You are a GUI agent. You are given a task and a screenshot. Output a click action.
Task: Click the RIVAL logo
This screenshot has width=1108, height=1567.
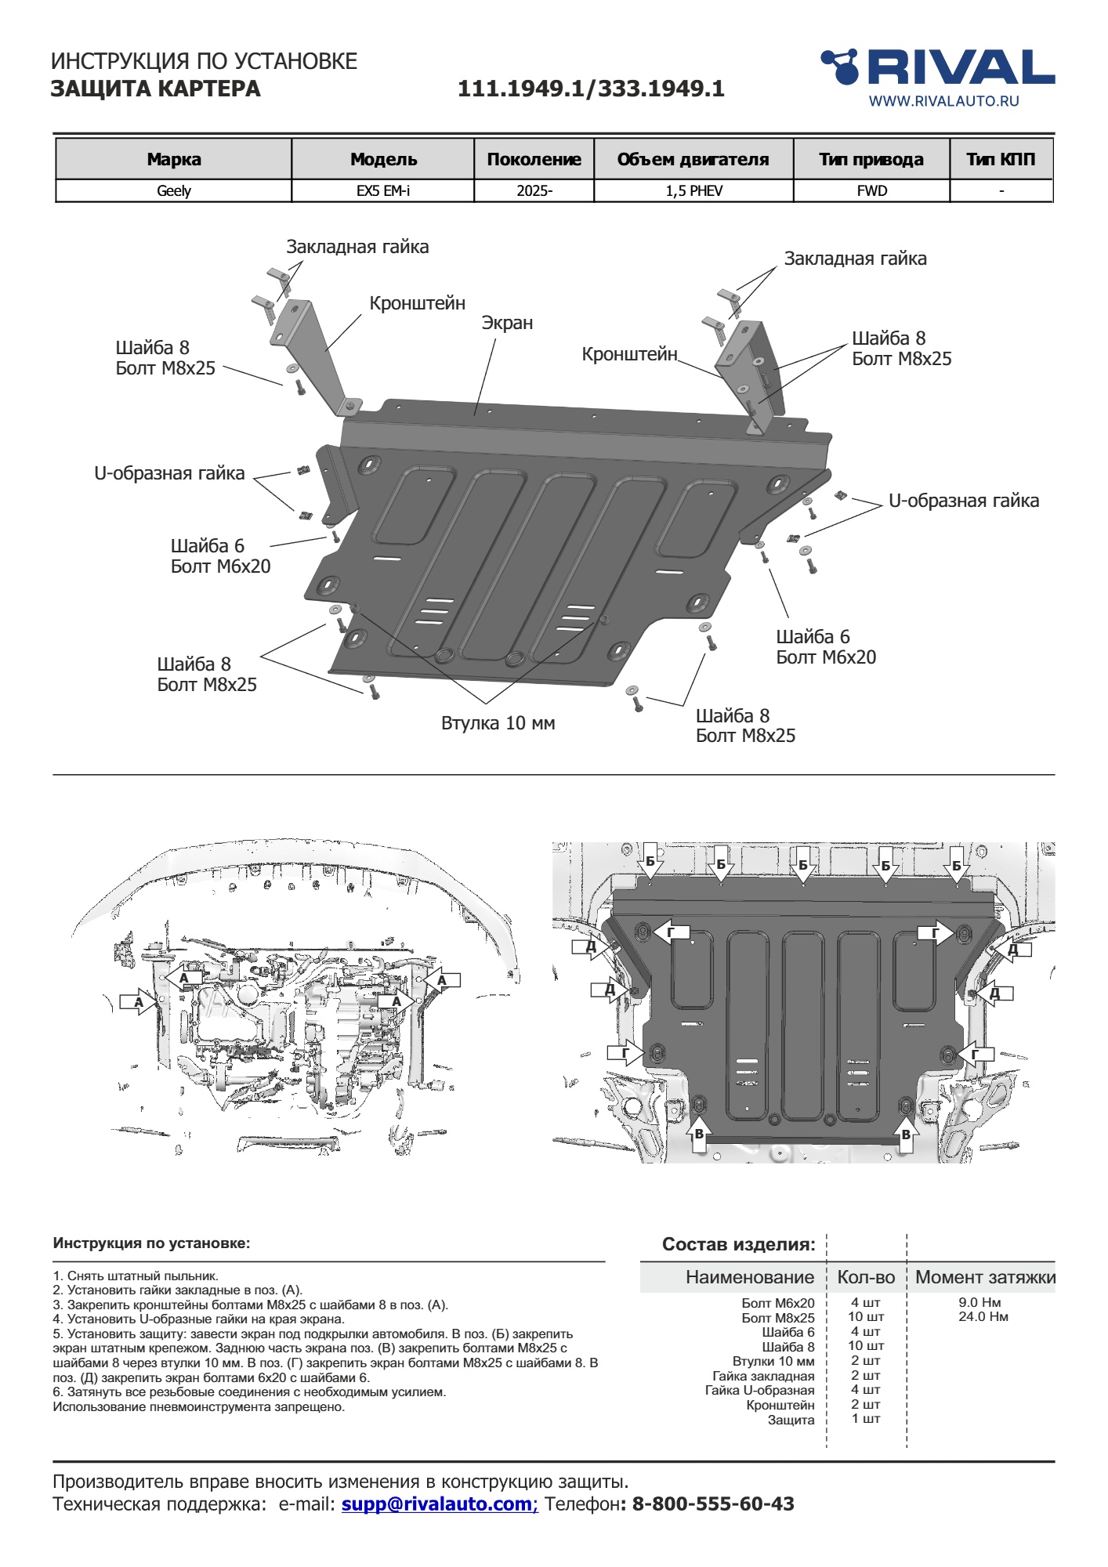[937, 67]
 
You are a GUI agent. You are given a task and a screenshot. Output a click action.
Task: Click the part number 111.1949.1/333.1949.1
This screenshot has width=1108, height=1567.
[591, 89]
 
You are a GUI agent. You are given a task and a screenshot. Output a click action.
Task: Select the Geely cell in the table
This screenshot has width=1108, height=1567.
[174, 191]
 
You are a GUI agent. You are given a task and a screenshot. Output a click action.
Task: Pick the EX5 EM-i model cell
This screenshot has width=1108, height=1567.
[383, 191]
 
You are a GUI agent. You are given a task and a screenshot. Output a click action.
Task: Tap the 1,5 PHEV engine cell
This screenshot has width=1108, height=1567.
[694, 191]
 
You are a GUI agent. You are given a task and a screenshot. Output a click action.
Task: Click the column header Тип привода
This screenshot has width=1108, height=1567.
[871, 160]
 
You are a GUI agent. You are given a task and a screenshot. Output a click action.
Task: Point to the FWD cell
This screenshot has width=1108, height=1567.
[872, 191]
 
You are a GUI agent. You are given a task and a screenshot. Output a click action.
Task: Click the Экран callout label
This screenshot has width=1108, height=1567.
[507, 323]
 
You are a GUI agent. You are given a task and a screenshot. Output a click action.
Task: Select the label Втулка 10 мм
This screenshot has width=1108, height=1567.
[498, 723]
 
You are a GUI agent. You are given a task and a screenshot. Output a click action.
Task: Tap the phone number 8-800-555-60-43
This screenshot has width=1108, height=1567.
[713, 1504]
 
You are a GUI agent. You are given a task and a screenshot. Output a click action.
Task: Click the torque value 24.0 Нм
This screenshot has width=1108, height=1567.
[983, 1317]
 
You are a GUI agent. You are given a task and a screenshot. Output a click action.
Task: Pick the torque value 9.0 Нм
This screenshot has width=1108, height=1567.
[979, 1302]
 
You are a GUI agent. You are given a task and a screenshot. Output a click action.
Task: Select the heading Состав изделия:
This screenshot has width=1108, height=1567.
[739, 1244]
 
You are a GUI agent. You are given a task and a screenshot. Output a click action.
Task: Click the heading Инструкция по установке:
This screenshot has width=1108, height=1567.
[151, 1243]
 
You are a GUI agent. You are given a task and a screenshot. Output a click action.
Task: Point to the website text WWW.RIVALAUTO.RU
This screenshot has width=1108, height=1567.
[944, 101]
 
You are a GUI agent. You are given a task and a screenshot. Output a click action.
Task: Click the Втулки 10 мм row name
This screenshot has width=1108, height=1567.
[773, 1361]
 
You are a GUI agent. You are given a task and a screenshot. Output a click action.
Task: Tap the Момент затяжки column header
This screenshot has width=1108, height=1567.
[985, 1277]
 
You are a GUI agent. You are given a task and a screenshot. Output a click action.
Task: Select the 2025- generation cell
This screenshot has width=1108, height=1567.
[534, 191]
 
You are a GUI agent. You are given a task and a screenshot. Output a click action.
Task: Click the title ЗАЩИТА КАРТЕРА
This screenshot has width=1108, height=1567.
[155, 89]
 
